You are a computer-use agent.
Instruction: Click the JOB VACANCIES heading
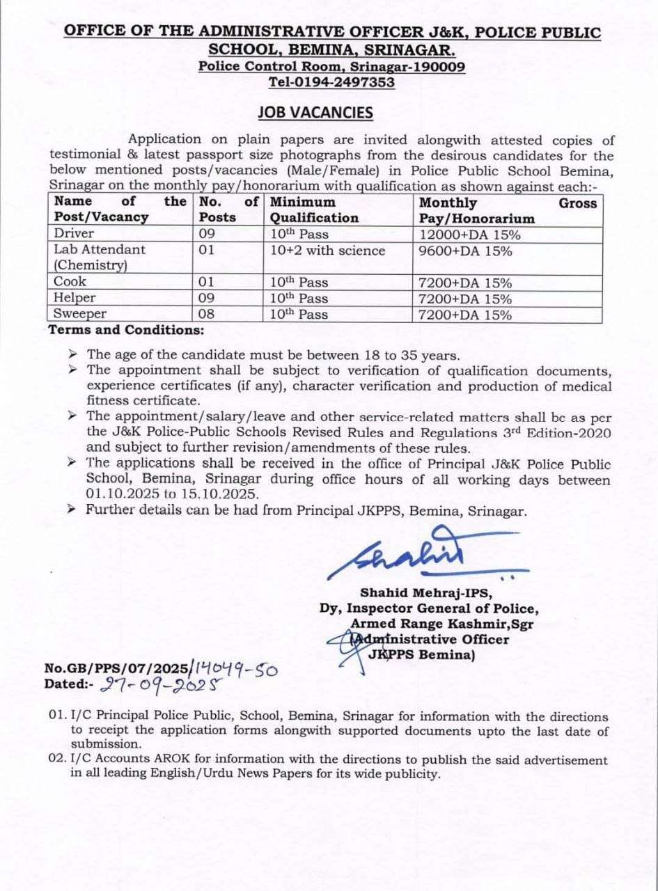[315, 113]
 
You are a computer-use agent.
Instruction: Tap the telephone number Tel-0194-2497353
[331, 82]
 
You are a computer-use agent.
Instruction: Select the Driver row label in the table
[74, 234]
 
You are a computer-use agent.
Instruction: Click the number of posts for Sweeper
[207, 315]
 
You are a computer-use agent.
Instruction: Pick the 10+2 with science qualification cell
[328, 250]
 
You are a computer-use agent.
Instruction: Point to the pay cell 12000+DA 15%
[469, 235]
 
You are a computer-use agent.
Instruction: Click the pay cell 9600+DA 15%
[465, 250]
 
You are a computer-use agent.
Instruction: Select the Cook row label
[70, 282]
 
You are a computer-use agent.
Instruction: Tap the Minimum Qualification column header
[315, 210]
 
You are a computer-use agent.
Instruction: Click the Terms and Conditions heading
[126, 330]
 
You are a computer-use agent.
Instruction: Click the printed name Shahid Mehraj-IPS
[427, 593]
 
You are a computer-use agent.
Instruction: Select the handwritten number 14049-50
[234, 669]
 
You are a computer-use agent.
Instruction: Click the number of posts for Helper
[207, 299]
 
